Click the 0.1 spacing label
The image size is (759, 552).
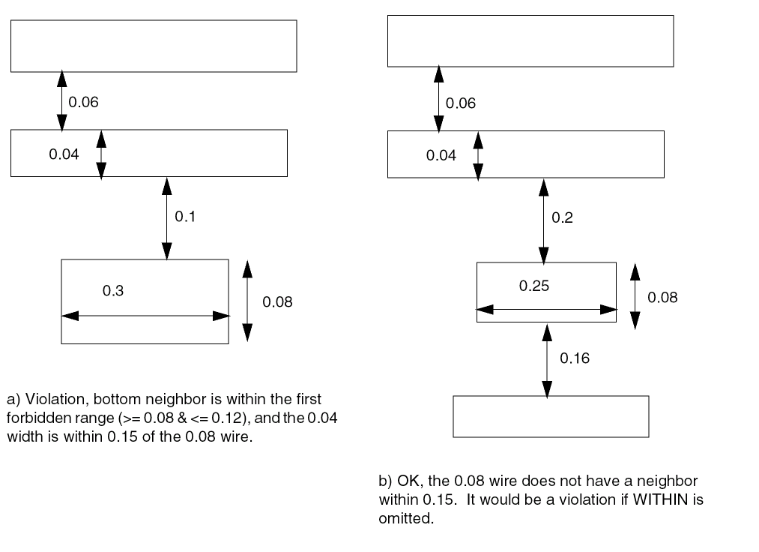(184, 217)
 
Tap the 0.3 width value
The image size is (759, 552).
(113, 291)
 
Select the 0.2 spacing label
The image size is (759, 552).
(562, 217)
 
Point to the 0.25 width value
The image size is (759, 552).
(534, 286)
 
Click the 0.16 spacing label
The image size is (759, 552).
(575, 358)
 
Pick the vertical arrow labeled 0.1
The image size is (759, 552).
(166, 217)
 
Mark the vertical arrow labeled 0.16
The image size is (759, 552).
(547, 358)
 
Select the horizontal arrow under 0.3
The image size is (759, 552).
(145, 316)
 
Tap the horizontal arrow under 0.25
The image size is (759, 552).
(546, 309)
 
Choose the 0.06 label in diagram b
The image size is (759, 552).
(461, 103)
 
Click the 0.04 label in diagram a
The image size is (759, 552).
(64, 154)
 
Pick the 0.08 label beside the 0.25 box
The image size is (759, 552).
(662, 297)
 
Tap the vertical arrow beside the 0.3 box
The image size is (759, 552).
(248, 301)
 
